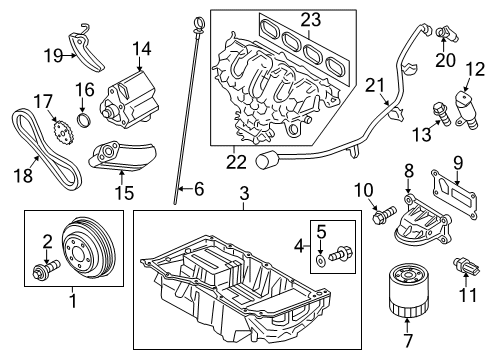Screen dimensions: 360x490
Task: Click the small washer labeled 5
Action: click(318, 260)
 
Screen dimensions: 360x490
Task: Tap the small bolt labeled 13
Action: click(438, 112)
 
